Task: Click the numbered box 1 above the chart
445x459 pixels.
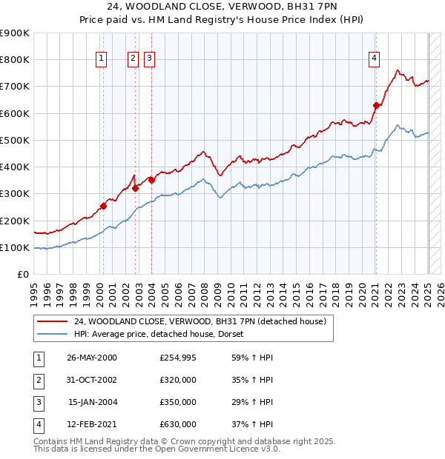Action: click(x=100, y=59)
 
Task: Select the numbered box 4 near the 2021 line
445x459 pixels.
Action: click(x=375, y=59)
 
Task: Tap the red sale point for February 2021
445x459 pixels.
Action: click(x=376, y=105)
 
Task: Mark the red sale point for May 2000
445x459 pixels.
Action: click(x=104, y=206)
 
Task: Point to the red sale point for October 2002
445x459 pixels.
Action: click(x=136, y=188)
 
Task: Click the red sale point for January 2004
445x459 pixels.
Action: click(x=151, y=180)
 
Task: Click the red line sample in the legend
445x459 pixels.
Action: click(x=52, y=321)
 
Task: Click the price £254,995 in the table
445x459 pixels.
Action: click(x=178, y=357)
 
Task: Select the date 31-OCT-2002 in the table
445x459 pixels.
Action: click(x=92, y=380)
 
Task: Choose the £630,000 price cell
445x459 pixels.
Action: click(x=178, y=424)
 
